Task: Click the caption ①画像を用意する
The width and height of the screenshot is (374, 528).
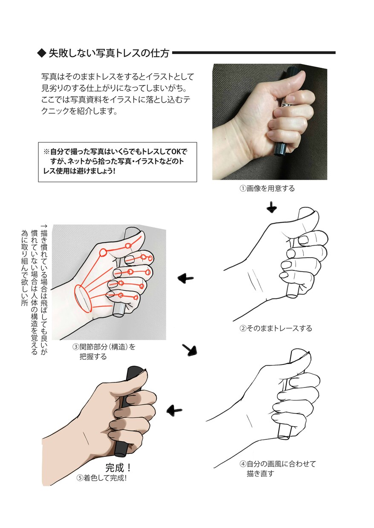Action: click(x=267, y=189)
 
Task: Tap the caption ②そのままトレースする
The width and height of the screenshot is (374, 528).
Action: click(x=276, y=328)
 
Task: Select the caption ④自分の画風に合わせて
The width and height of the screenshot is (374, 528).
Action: click(x=278, y=464)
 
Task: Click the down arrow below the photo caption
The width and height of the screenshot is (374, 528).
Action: click(x=272, y=207)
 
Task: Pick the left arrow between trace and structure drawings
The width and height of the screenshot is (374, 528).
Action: click(x=185, y=278)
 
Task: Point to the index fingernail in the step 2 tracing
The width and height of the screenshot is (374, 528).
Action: click(x=303, y=240)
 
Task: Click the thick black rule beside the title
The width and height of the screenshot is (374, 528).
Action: click(x=254, y=53)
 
